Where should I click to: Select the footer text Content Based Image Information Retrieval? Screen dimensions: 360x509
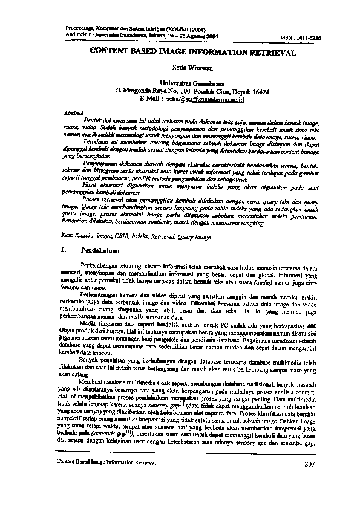pos(106,462)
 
